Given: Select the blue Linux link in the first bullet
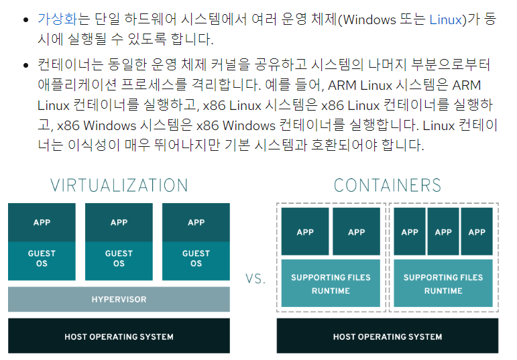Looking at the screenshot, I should tap(445, 18).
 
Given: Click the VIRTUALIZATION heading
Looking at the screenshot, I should tap(119, 185).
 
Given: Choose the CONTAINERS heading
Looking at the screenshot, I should tap(387, 185).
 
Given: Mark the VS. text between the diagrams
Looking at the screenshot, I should tap(255, 279).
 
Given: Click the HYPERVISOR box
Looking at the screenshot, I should tap(119, 299).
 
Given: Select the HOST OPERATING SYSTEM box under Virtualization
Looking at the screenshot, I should tap(119, 336).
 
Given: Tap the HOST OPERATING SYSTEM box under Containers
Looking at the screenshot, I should tap(387, 336).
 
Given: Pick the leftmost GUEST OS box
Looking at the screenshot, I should tap(42, 258).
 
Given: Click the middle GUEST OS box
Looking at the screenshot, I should tap(119, 258).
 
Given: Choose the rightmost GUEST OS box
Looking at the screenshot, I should tap(196, 258).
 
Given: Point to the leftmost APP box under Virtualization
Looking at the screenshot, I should tap(42, 223).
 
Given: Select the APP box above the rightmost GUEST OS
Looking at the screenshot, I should tap(196, 223).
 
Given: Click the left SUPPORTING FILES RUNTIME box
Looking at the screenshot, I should tap(331, 284).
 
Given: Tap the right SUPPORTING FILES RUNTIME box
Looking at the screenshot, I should tap(443, 284).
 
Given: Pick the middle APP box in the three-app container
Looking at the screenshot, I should tap(443, 232).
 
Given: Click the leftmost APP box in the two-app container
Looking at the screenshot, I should tap(305, 232).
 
